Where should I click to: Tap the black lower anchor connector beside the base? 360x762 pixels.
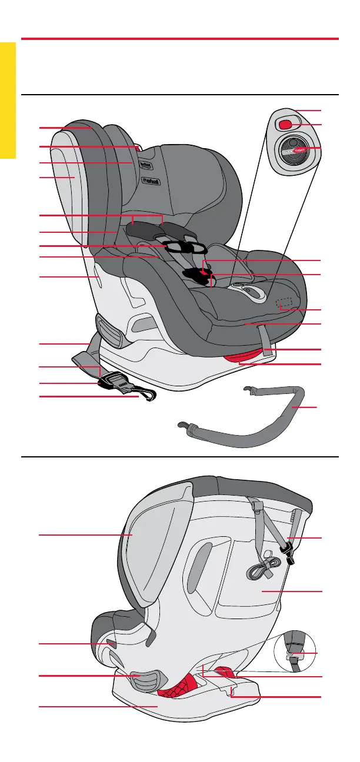118,383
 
